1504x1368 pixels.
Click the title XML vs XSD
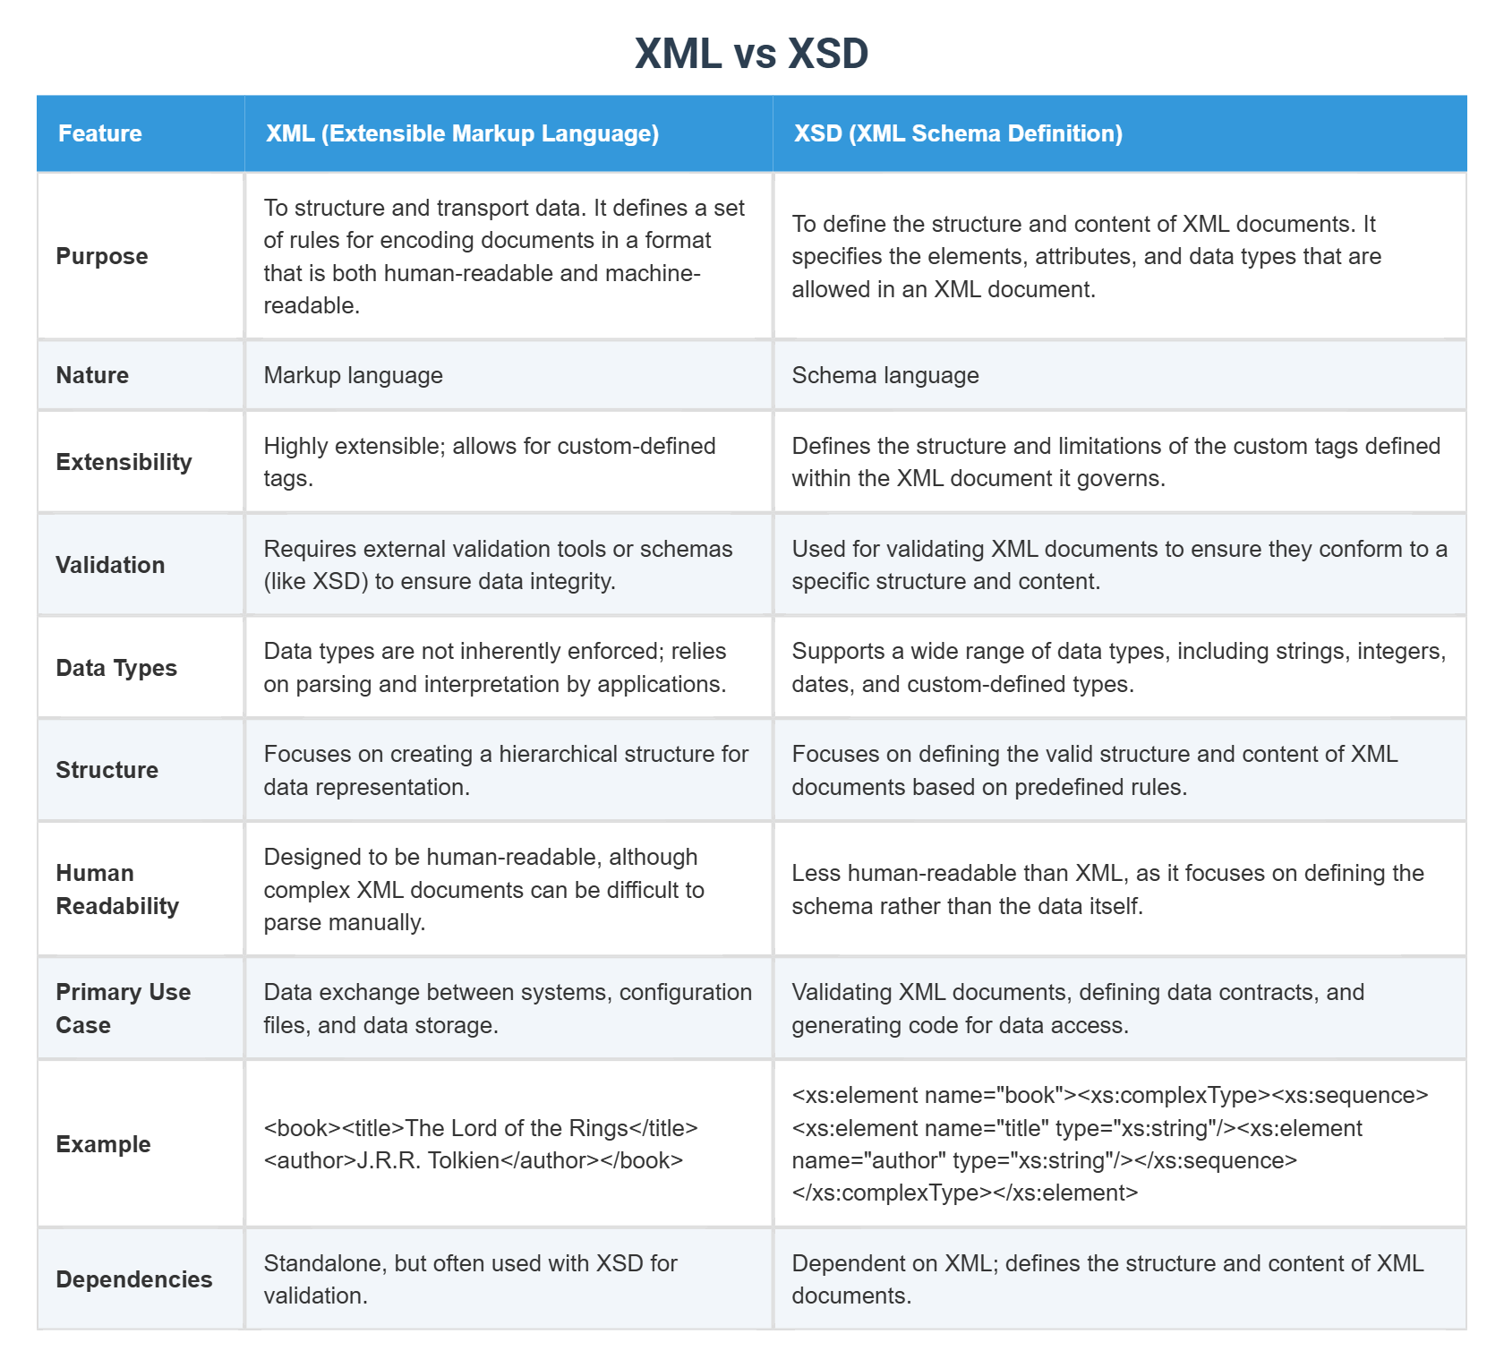coord(751,54)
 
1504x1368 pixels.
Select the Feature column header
coord(100,133)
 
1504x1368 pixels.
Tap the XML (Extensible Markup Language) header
coord(462,133)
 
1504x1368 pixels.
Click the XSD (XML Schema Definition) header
coord(958,133)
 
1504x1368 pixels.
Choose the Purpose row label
coord(102,256)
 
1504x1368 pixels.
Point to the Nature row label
coord(92,375)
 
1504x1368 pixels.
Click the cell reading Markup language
coord(353,375)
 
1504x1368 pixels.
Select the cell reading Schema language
coord(884,375)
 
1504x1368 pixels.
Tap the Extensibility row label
coord(124,462)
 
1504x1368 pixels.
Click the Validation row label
coord(110,565)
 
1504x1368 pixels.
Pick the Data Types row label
coord(116,668)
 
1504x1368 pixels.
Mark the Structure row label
coord(107,770)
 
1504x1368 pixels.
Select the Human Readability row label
coord(116,889)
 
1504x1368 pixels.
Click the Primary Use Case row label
coord(123,1008)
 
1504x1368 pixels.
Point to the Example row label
coord(103,1144)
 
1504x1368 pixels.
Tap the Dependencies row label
coord(134,1279)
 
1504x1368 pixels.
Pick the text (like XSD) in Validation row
coord(316,582)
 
